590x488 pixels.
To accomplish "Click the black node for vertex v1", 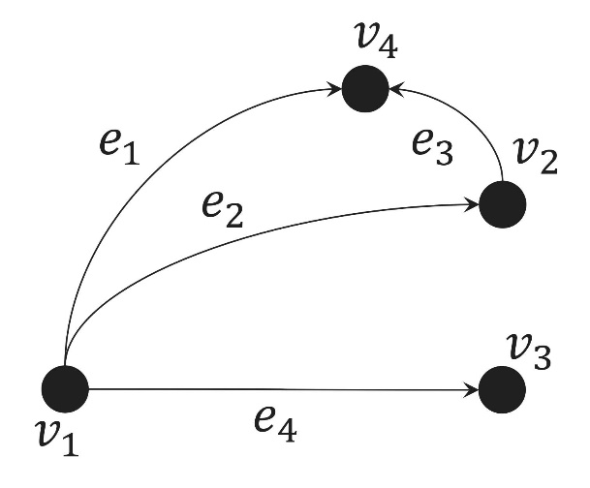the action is (x=65, y=388).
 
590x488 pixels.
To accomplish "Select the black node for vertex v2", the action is (x=503, y=204).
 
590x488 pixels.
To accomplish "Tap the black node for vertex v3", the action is (x=502, y=389).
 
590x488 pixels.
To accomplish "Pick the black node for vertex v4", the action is (x=365, y=89).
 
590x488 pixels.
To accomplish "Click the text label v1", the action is (x=58, y=438).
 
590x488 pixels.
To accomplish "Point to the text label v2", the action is (x=536, y=155).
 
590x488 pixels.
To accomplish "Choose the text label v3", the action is (x=529, y=351).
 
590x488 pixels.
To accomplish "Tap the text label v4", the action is (x=376, y=41).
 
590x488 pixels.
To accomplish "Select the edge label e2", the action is (x=223, y=210).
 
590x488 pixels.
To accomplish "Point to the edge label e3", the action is (x=432, y=147).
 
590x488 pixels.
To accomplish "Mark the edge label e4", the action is (x=275, y=424).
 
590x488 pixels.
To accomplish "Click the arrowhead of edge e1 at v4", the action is (x=335, y=89).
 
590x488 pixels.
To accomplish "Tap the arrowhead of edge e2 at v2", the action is (x=472, y=205).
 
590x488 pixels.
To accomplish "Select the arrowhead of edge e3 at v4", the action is (x=396, y=89).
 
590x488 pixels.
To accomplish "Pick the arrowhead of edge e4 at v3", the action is (x=472, y=390).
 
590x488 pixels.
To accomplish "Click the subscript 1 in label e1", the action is (x=131, y=154).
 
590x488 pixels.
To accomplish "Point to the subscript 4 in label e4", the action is (x=287, y=431).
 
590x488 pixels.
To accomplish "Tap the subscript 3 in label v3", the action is (x=541, y=357).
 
